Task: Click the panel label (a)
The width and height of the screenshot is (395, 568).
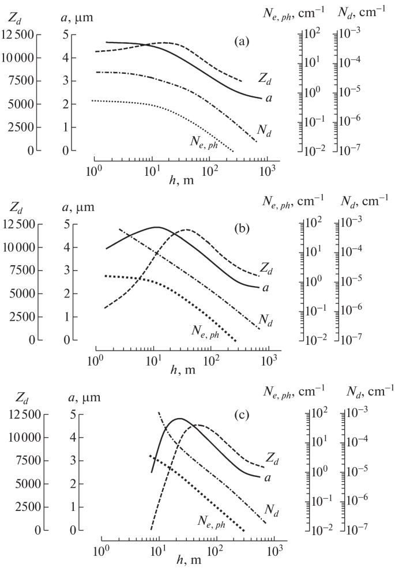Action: click(241, 41)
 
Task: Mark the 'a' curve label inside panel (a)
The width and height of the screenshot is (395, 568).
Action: click(268, 98)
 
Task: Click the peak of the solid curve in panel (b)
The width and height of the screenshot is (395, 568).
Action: click(156, 227)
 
